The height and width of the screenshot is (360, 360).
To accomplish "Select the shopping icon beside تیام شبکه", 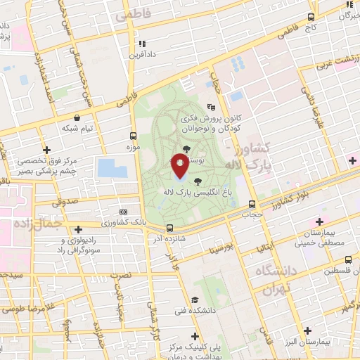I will (76, 118).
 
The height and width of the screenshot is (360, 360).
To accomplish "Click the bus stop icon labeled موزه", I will (133, 136).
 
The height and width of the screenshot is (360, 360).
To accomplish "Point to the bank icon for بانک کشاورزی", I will (123, 212).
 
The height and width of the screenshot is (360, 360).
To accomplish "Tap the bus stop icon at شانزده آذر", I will (169, 228).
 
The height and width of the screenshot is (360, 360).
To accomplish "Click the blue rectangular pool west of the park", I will (110, 168).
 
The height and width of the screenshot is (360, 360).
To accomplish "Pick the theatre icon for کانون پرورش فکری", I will (211, 108).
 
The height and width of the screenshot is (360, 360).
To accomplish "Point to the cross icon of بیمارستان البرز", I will (307, 330).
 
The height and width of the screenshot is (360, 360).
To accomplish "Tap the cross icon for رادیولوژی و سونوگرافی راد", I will (79, 227).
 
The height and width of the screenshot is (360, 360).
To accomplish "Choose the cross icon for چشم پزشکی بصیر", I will (47, 150).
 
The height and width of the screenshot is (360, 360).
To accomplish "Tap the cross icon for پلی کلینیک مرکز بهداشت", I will (194, 335).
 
